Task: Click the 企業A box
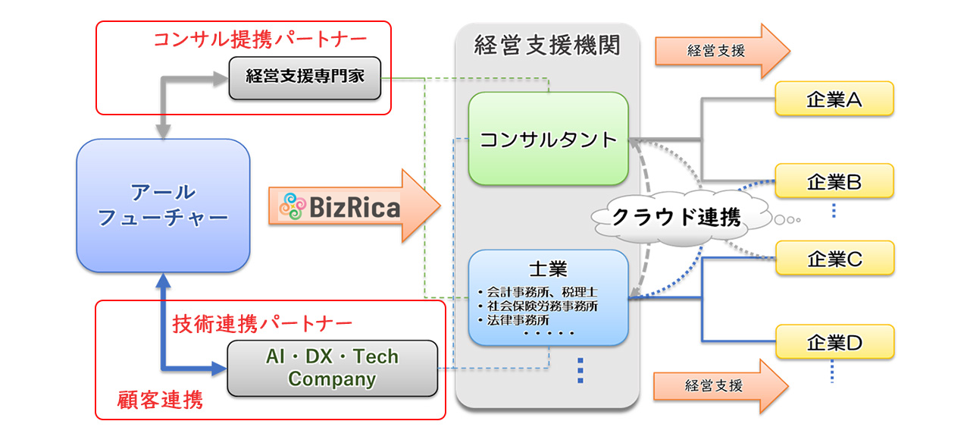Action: coord(834,99)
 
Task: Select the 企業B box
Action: coord(834,181)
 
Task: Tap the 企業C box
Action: coord(834,258)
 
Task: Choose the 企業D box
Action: coord(834,342)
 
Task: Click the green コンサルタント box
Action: coord(548,139)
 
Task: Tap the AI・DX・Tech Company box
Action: coord(333,368)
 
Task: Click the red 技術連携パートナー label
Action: coord(262,322)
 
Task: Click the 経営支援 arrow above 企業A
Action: coord(720,51)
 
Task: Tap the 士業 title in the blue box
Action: coord(549,269)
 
